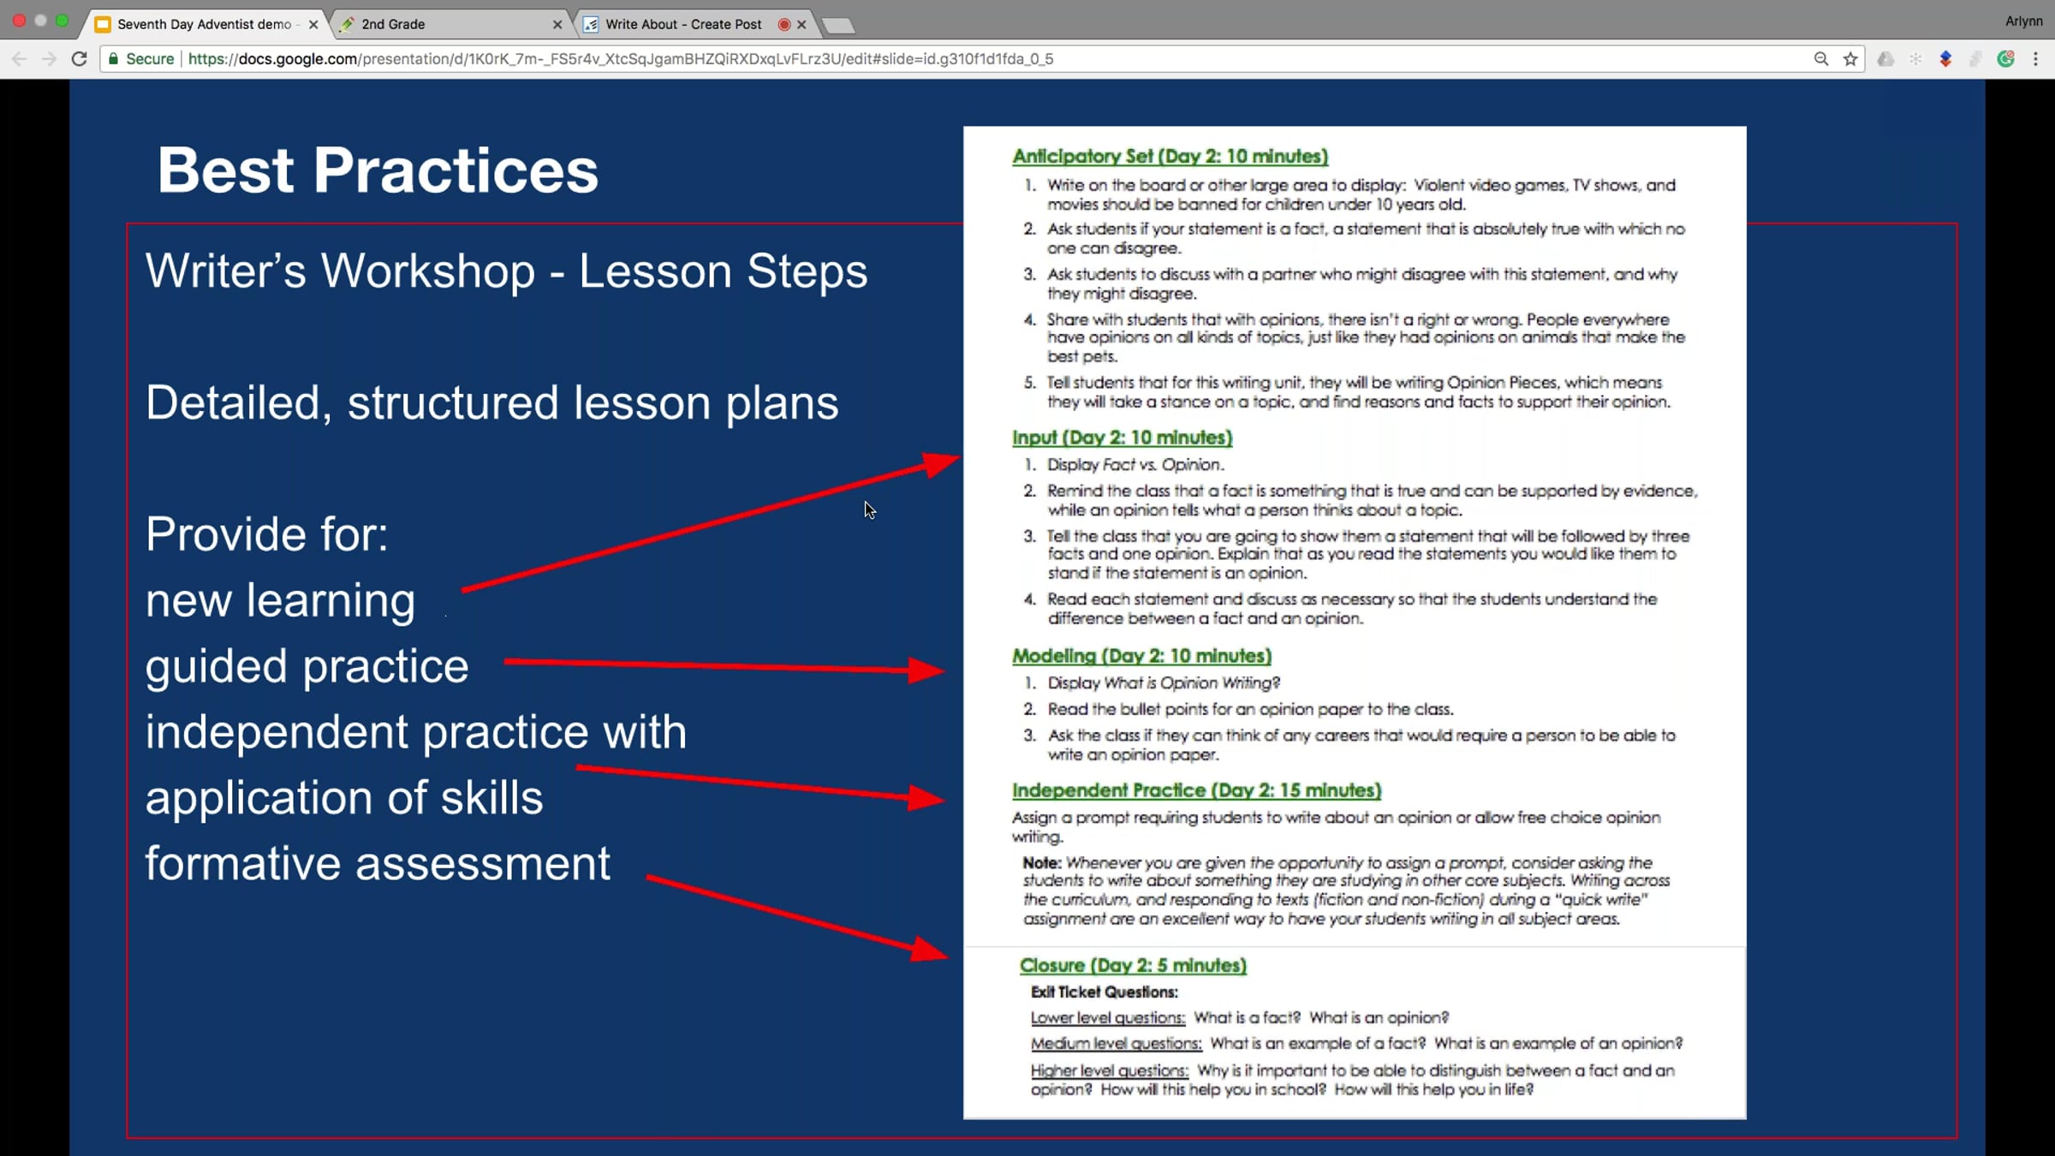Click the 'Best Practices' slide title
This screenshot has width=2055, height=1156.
tap(378, 170)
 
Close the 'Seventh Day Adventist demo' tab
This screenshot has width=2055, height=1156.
tap(313, 25)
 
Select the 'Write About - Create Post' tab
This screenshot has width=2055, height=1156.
tap(682, 24)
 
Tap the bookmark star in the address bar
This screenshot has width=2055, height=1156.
tap(1850, 59)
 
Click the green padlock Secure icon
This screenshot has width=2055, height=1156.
tap(113, 59)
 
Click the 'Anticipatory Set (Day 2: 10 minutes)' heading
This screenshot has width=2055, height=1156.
tap(1170, 156)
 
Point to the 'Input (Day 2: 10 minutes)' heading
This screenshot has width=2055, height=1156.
tap(1122, 438)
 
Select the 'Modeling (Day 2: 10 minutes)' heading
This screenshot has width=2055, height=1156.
tap(1141, 656)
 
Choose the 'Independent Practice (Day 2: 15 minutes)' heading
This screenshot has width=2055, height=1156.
tap(1196, 790)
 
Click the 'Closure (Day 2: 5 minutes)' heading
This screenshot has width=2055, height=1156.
tap(1133, 965)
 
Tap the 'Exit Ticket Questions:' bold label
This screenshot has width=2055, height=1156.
tap(1104, 992)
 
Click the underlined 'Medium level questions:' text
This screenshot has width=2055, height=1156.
tap(1116, 1044)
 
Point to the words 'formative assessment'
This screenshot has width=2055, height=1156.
tap(378, 862)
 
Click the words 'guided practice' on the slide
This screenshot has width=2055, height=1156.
tap(307, 666)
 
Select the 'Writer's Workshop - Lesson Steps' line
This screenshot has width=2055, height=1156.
tap(506, 271)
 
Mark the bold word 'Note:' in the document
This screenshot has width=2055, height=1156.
tap(1041, 862)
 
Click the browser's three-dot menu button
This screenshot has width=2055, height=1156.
tap(2035, 59)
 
